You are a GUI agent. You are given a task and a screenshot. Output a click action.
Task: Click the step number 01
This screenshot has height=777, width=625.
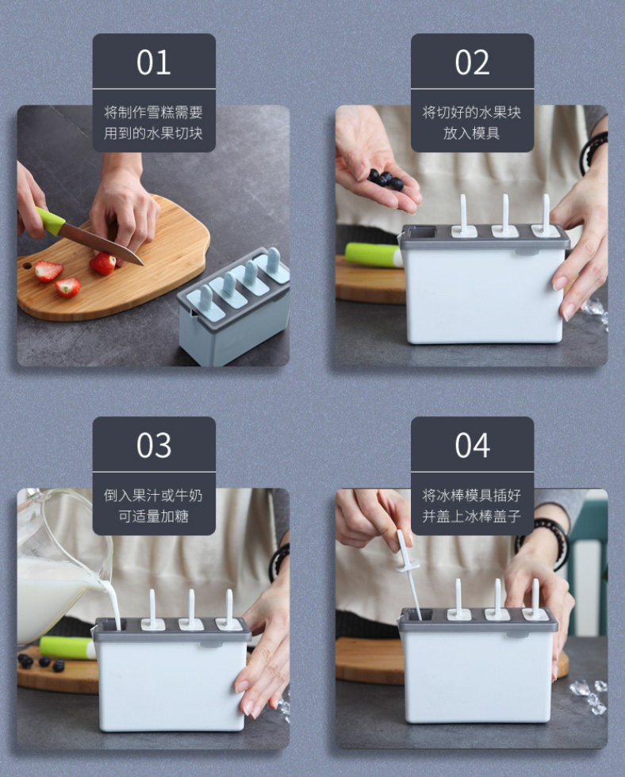pos(154,63)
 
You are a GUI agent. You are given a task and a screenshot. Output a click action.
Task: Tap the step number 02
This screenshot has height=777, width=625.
pos(473,63)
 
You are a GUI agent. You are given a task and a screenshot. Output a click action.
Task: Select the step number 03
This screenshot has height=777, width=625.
pos(154,445)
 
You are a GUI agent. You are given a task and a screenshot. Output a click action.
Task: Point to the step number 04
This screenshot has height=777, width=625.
pos(473,445)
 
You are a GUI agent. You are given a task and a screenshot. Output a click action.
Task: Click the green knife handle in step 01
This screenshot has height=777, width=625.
pos(49,220)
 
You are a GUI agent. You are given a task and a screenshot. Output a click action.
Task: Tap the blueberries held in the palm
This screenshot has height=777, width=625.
pos(385,179)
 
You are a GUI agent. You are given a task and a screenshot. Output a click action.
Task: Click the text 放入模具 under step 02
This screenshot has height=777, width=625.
pos(471,133)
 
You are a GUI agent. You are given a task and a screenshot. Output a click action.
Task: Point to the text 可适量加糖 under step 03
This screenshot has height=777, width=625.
pos(153,516)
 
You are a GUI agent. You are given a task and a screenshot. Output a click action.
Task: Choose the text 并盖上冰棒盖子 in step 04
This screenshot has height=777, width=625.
pos(471,516)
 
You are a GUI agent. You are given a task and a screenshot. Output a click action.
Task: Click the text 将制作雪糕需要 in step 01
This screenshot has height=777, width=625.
pos(153,113)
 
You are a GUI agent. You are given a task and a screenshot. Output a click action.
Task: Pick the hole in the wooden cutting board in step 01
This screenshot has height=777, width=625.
pos(27,266)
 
